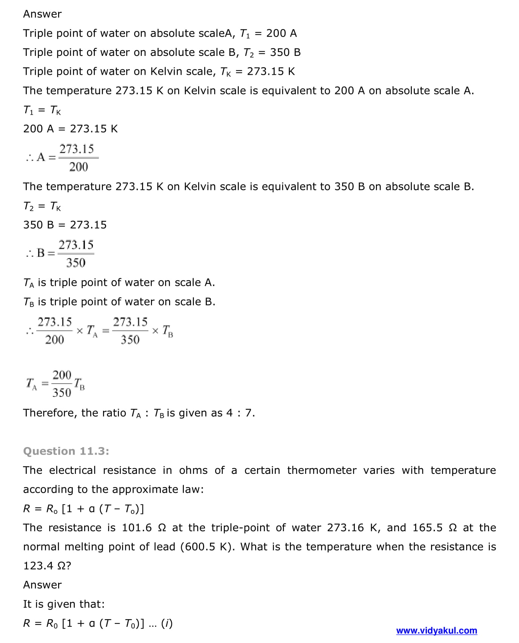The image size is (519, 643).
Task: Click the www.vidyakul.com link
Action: point(436,630)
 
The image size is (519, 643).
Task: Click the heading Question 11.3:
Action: point(66,451)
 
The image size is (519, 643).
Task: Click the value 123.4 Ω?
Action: point(47,566)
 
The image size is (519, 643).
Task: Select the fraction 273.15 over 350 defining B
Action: point(76,253)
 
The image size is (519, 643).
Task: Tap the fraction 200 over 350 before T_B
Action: point(62,384)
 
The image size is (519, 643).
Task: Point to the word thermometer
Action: point(322,470)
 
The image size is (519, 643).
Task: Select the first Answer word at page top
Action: point(42,14)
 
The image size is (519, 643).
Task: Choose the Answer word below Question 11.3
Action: point(42,584)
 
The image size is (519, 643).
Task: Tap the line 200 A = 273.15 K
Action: point(70,129)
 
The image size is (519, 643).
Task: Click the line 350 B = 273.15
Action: point(65,225)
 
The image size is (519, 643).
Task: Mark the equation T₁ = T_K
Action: point(42,110)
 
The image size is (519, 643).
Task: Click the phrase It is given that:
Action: point(64,604)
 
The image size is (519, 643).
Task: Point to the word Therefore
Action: point(50,413)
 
